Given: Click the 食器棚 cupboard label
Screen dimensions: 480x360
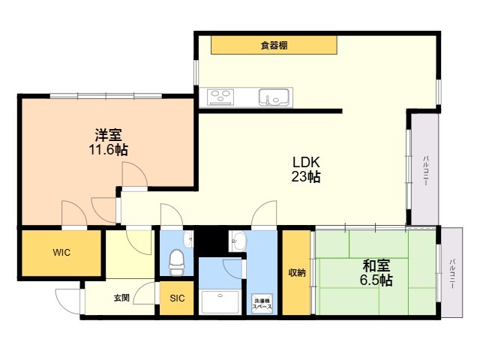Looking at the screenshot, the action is (x=274, y=46).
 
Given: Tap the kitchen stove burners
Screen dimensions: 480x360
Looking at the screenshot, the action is (x=220, y=97).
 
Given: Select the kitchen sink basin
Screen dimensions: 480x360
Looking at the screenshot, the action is (x=274, y=97).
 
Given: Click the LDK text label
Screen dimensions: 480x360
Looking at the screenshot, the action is (x=306, y=162).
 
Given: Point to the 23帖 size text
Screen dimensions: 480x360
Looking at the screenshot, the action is (x=306, y=177).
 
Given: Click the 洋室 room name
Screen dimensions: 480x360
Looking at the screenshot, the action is (x=108, y=135).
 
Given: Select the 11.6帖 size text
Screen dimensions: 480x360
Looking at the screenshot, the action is (x=108, y=150).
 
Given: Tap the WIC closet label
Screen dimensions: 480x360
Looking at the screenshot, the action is (x=61, y=253).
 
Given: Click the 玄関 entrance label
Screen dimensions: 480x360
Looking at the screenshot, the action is (x=121, y=298).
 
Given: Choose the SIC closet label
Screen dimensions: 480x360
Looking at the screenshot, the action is (x=177, y=298).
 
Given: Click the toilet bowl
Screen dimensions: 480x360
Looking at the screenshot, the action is (x=177, y=262).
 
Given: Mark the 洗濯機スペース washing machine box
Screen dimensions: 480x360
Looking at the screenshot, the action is (x=262, y=303).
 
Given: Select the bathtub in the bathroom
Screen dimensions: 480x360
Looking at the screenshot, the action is (x=220, y=301).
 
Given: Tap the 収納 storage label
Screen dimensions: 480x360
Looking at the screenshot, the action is (x=297, y=273).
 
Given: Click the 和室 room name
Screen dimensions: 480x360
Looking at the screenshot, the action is (x=376, y=266).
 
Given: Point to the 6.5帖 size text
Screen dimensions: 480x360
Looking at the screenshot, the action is (x=376, y=280).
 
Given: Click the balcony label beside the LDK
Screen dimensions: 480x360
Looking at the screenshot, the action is (x=425, y=170).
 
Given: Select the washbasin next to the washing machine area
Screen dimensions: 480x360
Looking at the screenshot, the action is (x=238, y=241).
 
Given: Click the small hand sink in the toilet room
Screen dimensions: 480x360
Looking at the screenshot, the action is (x=187, y=238).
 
